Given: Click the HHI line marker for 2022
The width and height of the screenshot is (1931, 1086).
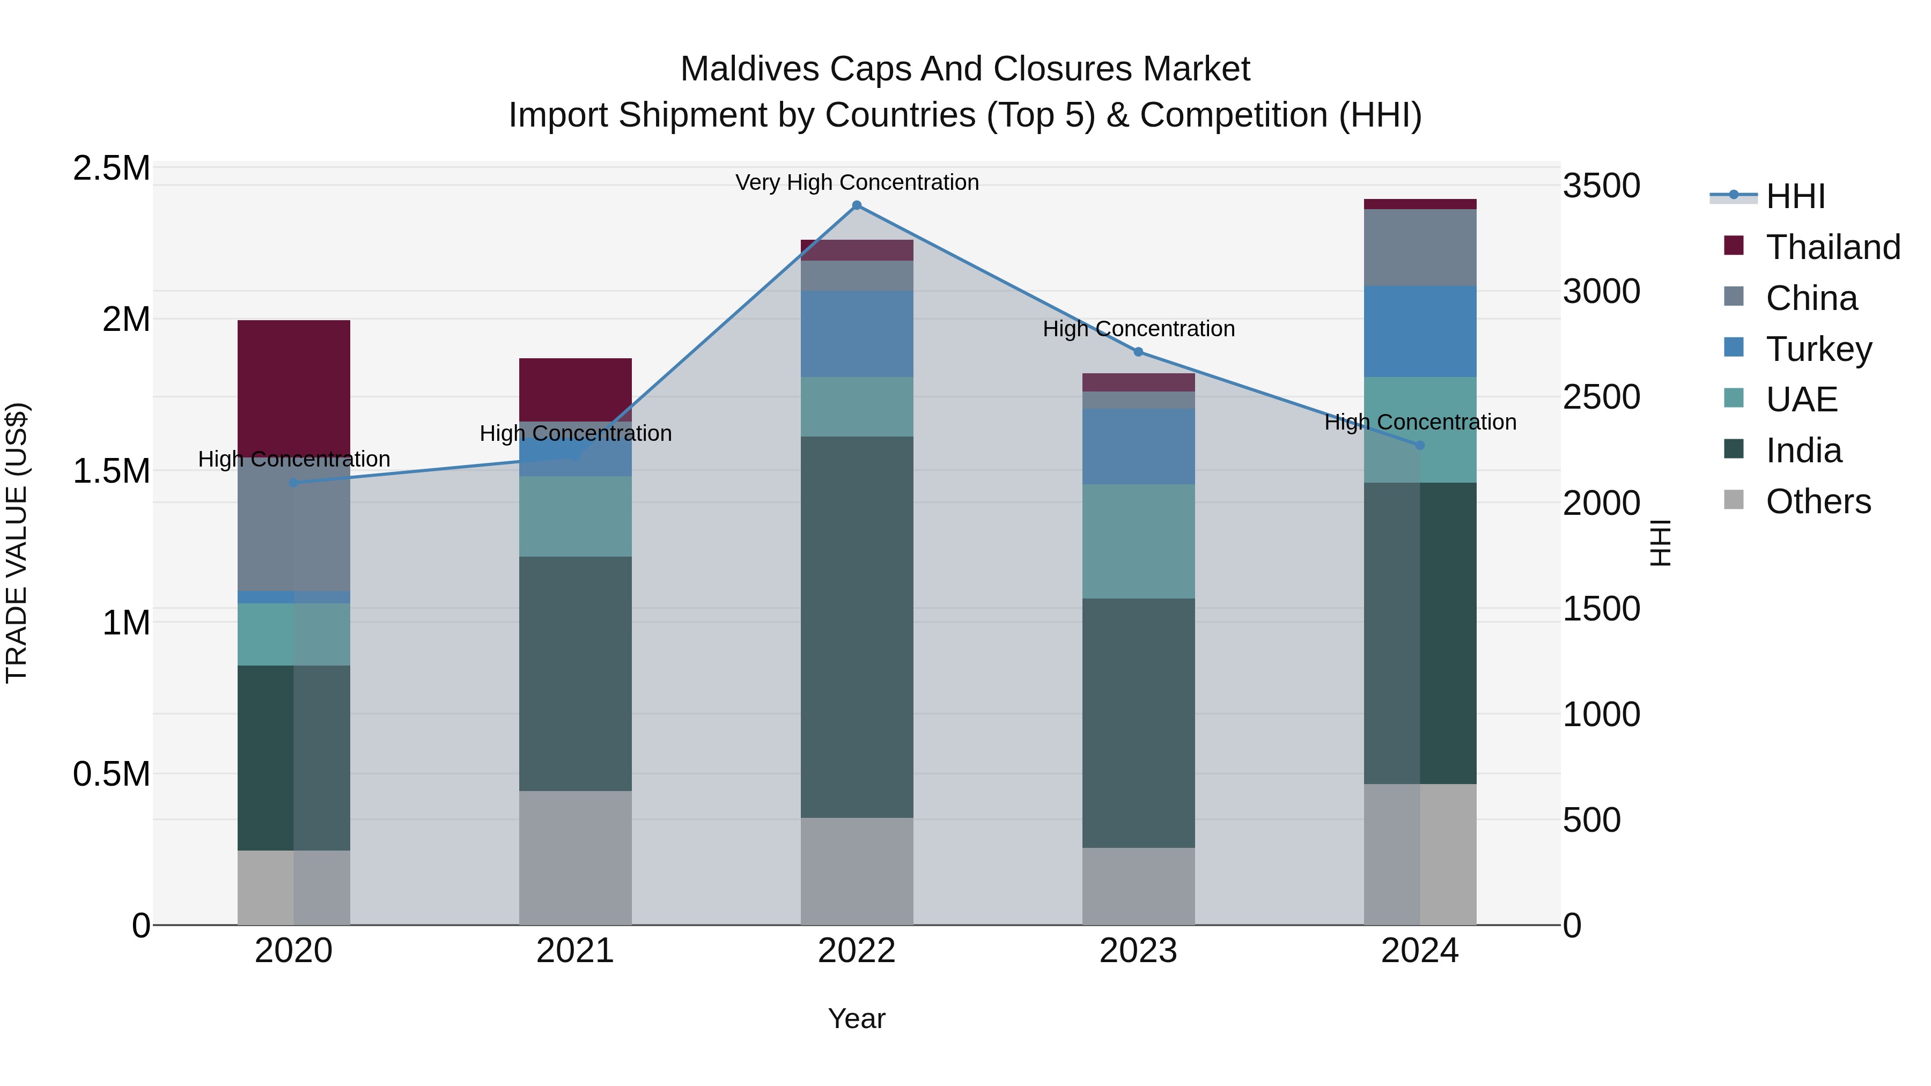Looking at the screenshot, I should click(857, 205).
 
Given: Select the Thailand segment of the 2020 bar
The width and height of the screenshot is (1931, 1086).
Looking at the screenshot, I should click(294, 388).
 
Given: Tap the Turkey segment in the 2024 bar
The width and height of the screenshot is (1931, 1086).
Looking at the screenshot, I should click(1420, 331).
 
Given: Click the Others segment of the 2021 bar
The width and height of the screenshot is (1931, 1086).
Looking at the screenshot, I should click(575, 858).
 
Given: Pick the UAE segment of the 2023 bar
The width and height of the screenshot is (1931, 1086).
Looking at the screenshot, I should click(1138, 541).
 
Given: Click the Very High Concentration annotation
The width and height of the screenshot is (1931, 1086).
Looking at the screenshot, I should click(857, 182).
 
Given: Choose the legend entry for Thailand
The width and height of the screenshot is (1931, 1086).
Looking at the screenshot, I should click(1832, 247).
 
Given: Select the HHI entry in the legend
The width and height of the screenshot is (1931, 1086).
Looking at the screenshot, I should click(1795, 196).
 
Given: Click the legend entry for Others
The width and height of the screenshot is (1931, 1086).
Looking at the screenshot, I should click(1817, 501).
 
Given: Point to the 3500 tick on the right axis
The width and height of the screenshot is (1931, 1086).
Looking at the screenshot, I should click(1601, 186).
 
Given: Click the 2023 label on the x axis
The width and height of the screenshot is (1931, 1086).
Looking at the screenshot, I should click(1138, 951).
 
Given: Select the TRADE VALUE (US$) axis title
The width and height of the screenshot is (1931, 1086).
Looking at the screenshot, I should click(17, 543).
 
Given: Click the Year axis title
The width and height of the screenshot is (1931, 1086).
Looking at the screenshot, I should click(856, 1018).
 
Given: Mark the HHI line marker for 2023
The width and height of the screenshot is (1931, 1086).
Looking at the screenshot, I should click(1138, 351).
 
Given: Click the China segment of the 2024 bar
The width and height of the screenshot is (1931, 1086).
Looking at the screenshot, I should click(1420, 247).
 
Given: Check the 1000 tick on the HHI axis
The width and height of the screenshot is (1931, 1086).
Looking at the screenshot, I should click(1601, 714).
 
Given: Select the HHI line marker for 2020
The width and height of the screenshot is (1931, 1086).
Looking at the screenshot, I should click(294, 483).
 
